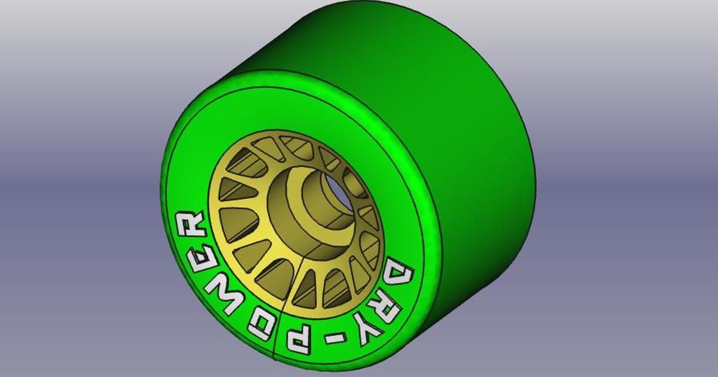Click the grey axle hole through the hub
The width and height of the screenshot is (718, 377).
tap(339, 187)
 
